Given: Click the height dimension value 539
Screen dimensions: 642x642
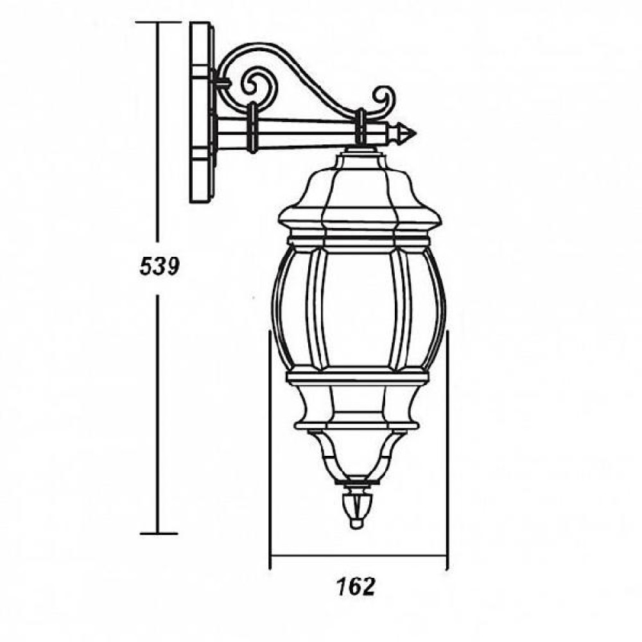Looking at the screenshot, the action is pyautogui.click(x=160, y=266).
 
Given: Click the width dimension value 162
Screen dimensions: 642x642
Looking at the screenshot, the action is pyautogui.click(x=356, y=587).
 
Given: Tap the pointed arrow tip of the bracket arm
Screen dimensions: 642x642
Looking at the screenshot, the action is pyautogui.click(x=415, y=134).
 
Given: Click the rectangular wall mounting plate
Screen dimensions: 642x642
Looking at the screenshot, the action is pyautogui.click(x=202, y=112).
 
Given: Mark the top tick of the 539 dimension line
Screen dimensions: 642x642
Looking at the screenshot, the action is pyautogui.click(x=158, y=22).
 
